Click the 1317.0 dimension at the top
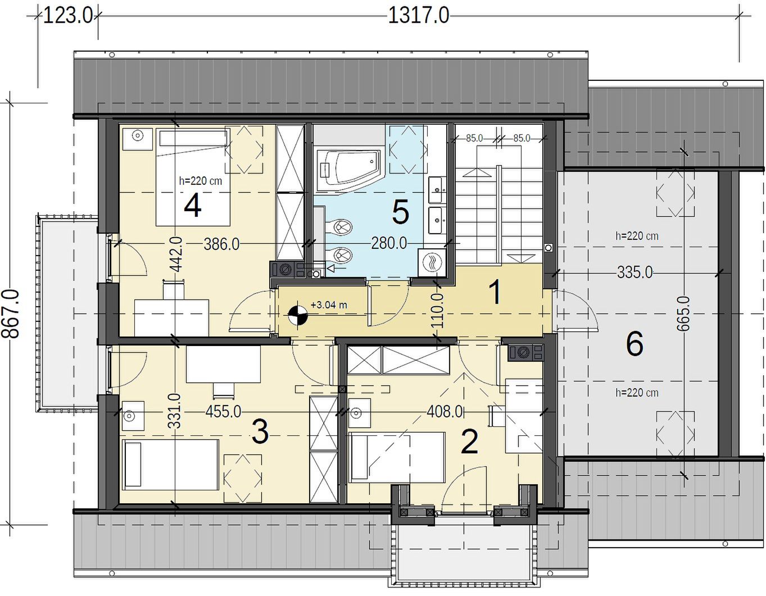pyautogui.click(x=419, y=16)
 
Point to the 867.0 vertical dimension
pyautogui.click(x=11, y=314)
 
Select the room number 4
pyautogui.click(x=192, y=206)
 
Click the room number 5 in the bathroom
pyautogui.click(x=401, y=212)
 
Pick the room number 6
pyautogui.click(x=634, y=344)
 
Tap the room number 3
pyautogui.click(x=260, y=432)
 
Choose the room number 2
pyautogui.click(x=469, y=442)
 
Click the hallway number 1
pyautogui.click(x=496, y=292)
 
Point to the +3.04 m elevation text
pyautogui.click(x=329, y=304)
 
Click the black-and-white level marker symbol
pyautogui.click(x=298, y=315)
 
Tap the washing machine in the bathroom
pyautogui.click(x=432, y=263)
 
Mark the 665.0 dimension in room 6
pyautogui.click(x=683, y=313)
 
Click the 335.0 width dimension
pyautogui.click(x=634, y=272)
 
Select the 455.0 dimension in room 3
pyautogui.click(x=223, y=411)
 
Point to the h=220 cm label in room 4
pyautogui.click(x=201, y=181)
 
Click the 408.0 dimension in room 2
pyautogui.click(x=444, y=411)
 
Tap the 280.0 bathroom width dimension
pyautogui.click(x=389, y=243)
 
